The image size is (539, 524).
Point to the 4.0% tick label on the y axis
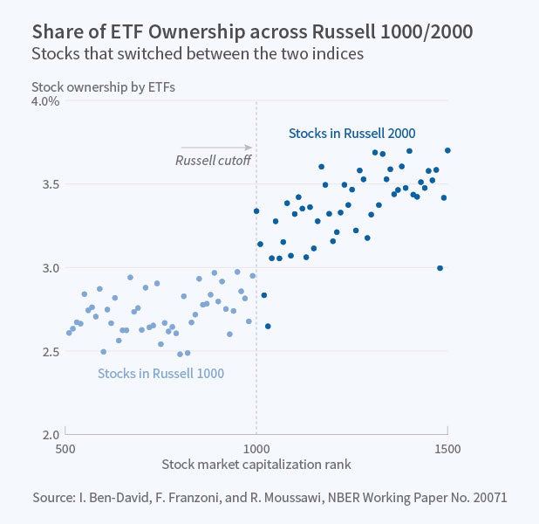click(45, 101)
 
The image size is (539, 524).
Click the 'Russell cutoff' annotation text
click(213, 161)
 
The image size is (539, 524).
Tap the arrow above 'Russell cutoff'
click(216, 147)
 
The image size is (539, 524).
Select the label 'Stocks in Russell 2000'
click(351, 134)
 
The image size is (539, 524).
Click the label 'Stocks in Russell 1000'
click(160, 374)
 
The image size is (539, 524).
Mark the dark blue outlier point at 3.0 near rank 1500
click(440, 268)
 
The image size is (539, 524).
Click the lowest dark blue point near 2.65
click(268, 326)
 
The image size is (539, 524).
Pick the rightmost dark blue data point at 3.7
click(447, 150)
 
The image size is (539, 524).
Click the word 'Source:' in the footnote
click(54, 498)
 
